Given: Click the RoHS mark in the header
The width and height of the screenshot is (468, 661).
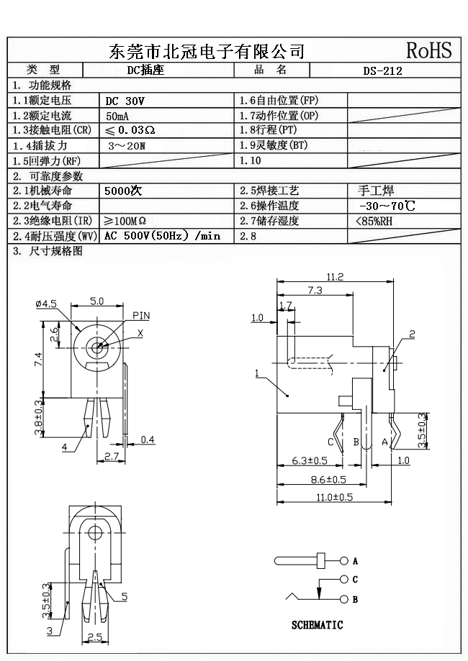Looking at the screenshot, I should [428, 50].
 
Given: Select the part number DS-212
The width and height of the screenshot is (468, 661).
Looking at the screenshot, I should [382, 70].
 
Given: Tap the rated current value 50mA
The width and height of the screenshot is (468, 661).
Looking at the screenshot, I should [118, 116].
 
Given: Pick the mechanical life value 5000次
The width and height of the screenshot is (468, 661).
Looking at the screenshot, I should [123, 191].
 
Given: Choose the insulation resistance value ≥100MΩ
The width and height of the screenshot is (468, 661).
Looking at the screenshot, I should [125, 221].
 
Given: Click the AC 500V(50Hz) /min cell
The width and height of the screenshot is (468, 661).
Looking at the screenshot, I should [162, 236].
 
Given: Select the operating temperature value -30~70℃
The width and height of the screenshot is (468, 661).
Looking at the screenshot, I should [387, 206].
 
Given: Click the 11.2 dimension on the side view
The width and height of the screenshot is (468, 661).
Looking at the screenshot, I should [335, 277].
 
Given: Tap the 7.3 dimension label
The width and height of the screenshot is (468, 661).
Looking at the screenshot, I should [315, 290].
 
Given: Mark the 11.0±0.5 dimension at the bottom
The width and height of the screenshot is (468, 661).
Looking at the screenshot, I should [335, 496].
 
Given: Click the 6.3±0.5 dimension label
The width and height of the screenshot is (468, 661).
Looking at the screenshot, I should [310, 460].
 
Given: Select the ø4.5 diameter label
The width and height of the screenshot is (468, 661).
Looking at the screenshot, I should [45, 304].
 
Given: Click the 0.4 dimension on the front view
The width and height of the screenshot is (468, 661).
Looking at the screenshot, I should [148, 439].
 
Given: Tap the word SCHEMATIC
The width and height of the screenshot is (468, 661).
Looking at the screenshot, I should [317, 625].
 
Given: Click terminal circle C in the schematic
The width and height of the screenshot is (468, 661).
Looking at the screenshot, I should [345, 579].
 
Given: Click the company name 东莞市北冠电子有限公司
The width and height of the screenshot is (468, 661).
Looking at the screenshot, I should [207, 51].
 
